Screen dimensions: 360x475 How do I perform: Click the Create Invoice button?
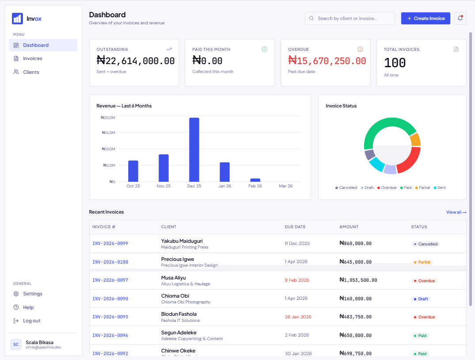tap(426, 18)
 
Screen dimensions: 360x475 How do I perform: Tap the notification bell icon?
tap(460, 18)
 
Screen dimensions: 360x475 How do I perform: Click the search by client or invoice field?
tap(350, 18)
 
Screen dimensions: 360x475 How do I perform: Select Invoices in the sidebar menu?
tap(32, 58)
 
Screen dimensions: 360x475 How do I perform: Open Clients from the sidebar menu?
tap(31, 72)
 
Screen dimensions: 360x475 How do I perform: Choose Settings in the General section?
tap(32, 294)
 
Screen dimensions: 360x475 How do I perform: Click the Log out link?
tap(31, 321)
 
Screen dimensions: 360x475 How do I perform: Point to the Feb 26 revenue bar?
tap(255, 180)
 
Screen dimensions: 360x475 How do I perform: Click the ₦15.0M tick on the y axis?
tap(108, 133)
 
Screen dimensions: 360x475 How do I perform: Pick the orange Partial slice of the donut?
tap(415, 140)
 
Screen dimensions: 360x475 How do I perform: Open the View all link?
tap(456, 212)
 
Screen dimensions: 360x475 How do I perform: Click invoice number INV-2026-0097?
tap(110, 280)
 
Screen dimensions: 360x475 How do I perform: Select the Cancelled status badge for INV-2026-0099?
tap(426, 244)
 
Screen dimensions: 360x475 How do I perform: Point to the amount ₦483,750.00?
tap(355, 317)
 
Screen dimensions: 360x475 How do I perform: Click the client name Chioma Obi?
tap(175, 296)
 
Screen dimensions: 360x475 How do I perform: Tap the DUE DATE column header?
tap(295, 227)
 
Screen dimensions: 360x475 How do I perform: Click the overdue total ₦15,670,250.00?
tap(327, 61)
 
